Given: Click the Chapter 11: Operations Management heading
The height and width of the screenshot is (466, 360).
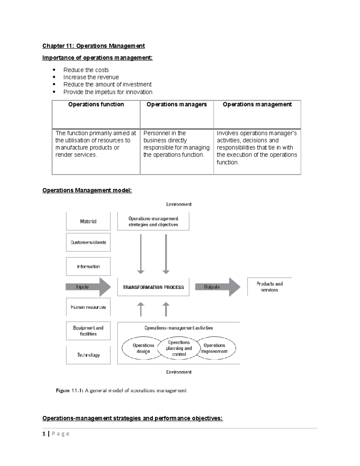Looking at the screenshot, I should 93,46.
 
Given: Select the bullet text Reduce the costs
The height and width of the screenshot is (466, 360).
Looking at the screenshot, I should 86,70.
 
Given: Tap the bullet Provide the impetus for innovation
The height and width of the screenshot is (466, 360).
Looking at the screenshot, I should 108,92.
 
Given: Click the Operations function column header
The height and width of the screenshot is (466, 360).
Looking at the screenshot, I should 96,104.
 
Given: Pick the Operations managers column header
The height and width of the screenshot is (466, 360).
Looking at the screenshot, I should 176,104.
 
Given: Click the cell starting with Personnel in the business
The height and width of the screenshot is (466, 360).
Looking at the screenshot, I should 176,144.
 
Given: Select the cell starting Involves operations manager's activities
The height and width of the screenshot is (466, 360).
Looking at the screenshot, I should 257,148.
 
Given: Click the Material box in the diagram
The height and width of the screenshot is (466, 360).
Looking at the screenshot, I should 88,221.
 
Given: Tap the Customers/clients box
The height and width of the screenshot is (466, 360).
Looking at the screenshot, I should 88,242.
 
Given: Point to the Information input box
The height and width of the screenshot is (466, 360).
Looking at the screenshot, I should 88,266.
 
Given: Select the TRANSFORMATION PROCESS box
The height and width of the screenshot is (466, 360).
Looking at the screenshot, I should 153,287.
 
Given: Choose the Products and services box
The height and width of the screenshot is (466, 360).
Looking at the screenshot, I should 269,287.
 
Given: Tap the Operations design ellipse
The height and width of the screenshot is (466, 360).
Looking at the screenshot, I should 143,348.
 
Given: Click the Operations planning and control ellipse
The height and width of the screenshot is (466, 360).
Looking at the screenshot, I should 179,348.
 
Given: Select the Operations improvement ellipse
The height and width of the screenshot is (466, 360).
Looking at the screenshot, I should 215,348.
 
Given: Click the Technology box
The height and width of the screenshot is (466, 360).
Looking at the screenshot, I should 88,355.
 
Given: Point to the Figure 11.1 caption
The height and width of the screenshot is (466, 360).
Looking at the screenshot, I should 121,391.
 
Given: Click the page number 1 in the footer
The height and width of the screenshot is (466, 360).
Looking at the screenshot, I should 44,434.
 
